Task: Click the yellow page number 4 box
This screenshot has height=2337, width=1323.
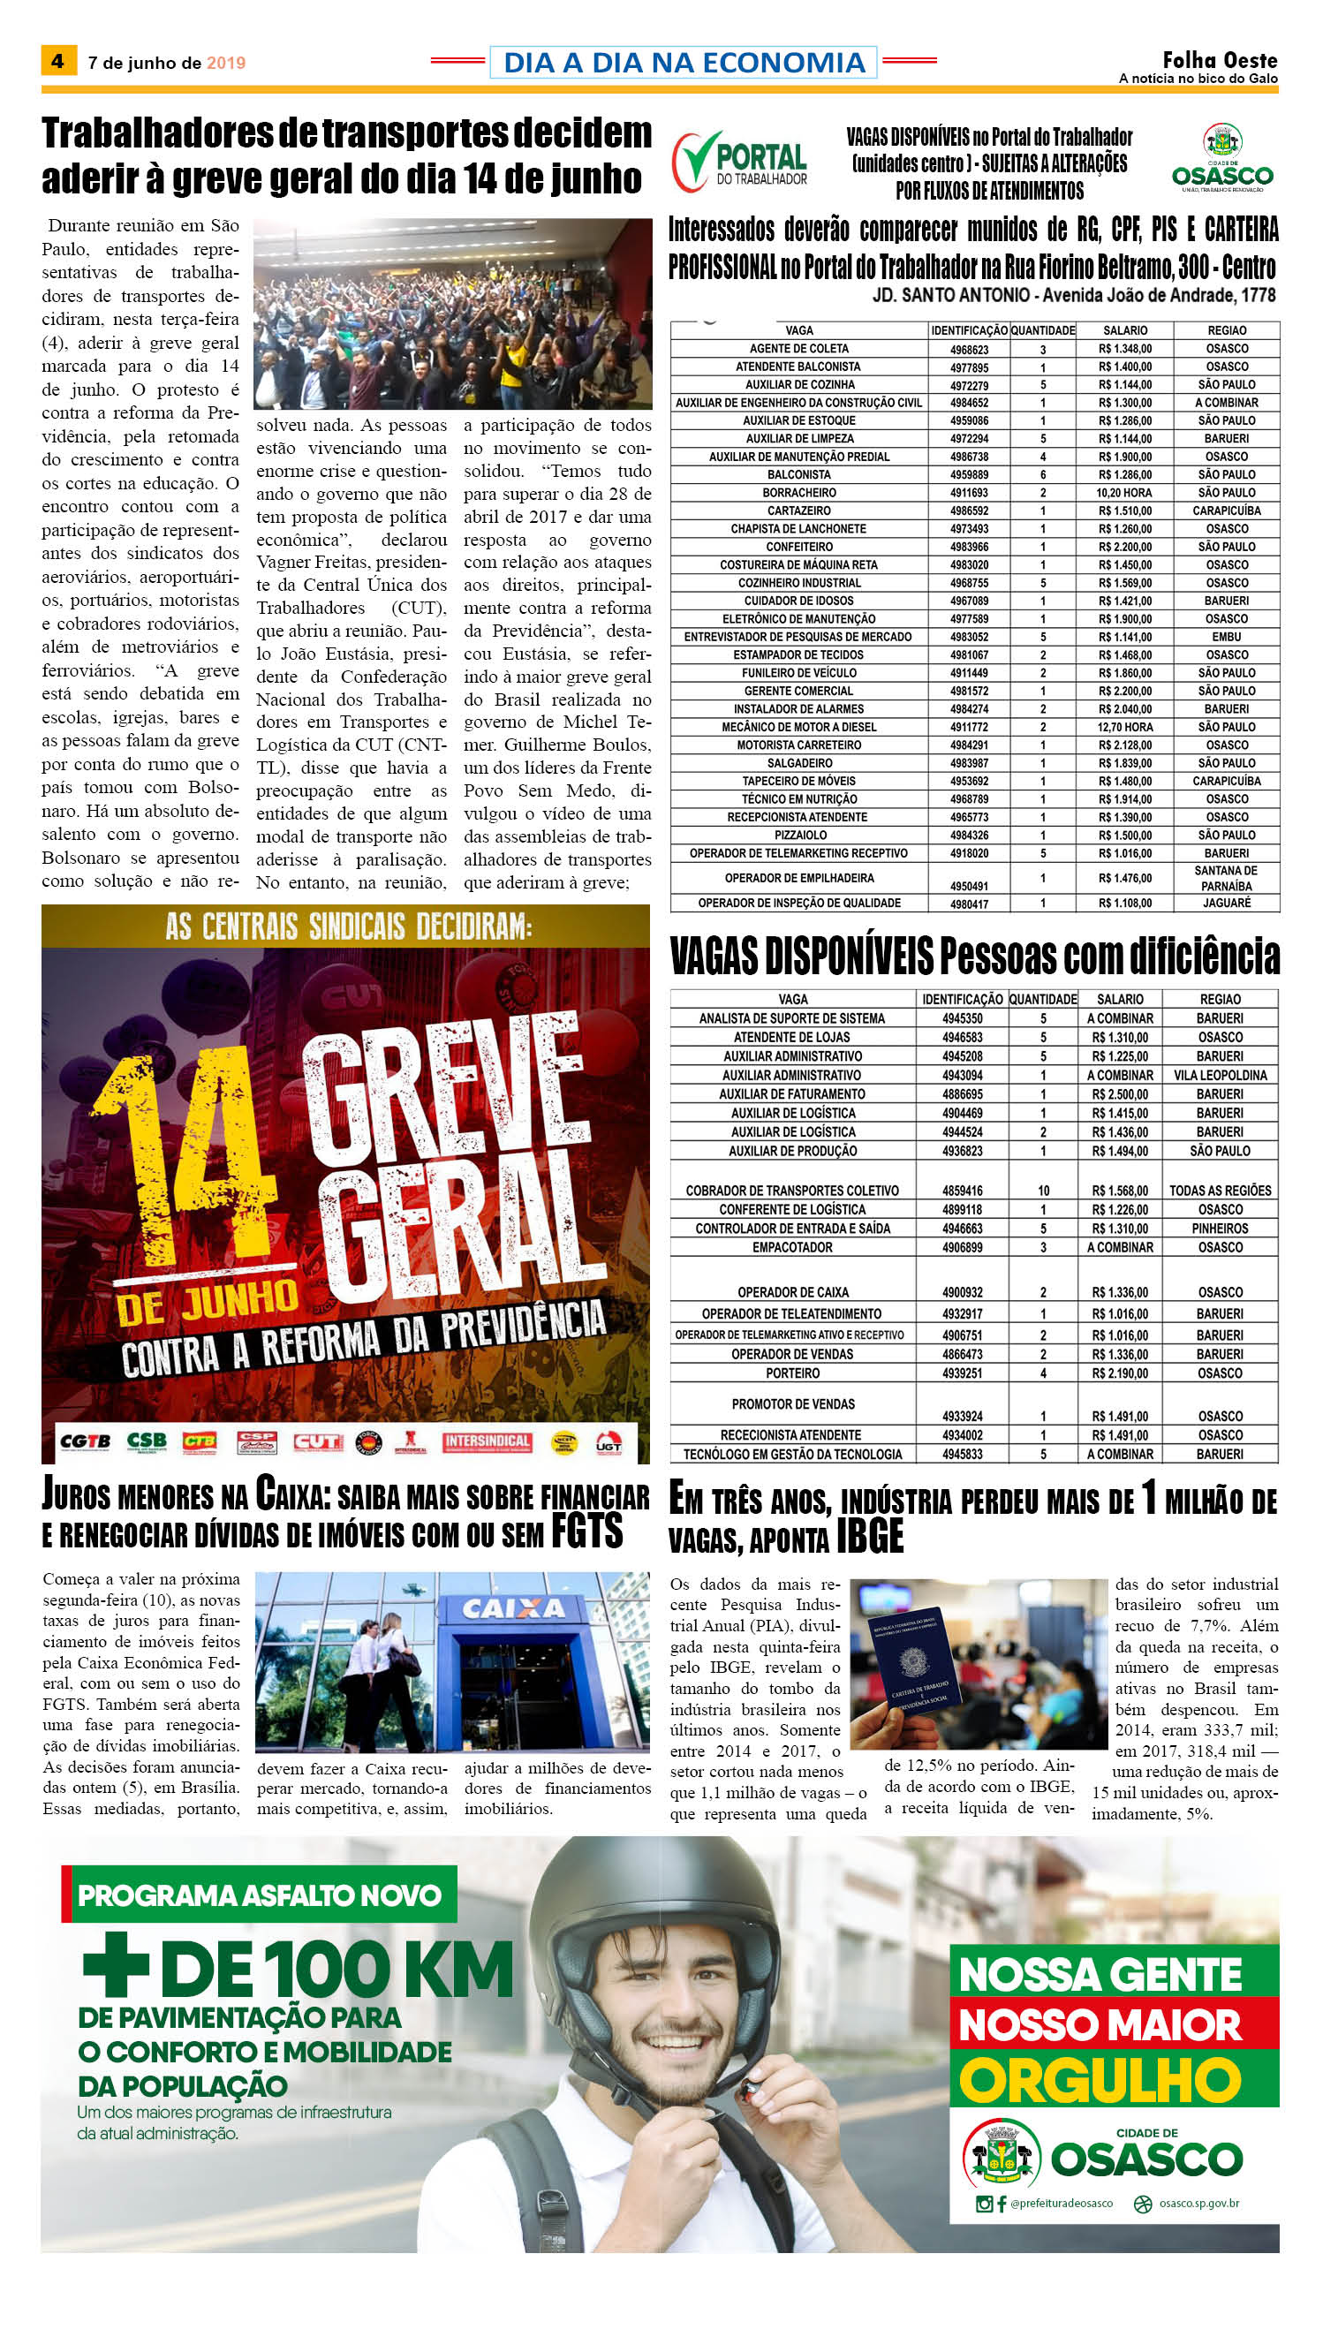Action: [58, 61]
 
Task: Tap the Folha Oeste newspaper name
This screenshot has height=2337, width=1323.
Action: [1220, 60]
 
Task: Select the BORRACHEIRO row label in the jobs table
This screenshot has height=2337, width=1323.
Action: [798, 493]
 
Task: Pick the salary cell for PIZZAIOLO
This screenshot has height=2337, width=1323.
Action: [1124, 835]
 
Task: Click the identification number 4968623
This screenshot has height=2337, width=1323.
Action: [969, 349]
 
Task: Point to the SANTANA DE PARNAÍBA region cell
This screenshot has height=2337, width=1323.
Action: [1226, 878]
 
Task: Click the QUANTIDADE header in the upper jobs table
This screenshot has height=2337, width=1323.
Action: [1042, 330]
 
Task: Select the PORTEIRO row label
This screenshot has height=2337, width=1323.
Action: [792, 1373]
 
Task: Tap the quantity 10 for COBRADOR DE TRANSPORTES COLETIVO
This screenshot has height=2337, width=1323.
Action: [1043, 1191]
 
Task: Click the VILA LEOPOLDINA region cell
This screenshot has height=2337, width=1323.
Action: [1220, 1075]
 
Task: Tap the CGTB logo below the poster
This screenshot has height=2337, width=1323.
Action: [86, 1441]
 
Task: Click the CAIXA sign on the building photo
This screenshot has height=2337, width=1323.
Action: [513, 1608]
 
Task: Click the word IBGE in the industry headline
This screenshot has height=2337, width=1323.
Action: [870, 1538]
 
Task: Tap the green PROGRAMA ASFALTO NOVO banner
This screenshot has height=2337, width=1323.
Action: [260, 1895]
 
